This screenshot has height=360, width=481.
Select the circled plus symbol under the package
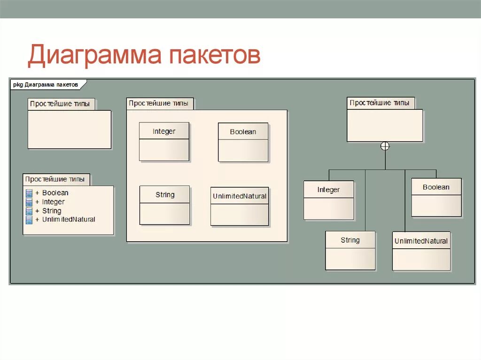pyautogui.click(x=385, y=146)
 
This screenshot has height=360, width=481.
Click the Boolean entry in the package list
pyautogui.click(x=55, y=192)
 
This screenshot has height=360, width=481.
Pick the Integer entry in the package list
pyautogui.click(x=53, y=201)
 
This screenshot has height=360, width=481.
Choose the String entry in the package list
pyautogui.click(x=52, y=210)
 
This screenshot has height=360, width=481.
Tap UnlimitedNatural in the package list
pyautogui.click(x=68, y=219)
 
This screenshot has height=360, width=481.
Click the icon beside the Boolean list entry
pyautogui.click(x=29, y=192)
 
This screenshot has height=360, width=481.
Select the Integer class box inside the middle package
pyautogui.click(x=164, y=141)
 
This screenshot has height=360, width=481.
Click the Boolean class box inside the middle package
pyautogui.click(x=243, y=142)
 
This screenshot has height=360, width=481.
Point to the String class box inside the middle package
pyautogui.click(x=164, y=205)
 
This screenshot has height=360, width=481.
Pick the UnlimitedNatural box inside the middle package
pyautogui.click(x=240, y=206)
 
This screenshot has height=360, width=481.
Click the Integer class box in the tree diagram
pyautogui.click(x=328, y=200)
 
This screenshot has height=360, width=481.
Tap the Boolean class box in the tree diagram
pyautogui.click(x=436, y=197)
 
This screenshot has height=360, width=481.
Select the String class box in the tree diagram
pyautogui.click(x=350, y=250)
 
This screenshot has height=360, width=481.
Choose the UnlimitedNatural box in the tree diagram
pyautogui.click(x=421, y=251)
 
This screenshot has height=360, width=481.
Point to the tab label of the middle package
pyautogui.click(x=159, y=103)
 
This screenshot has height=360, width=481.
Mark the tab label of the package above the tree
pyautogui.click(x=380, y=103)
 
